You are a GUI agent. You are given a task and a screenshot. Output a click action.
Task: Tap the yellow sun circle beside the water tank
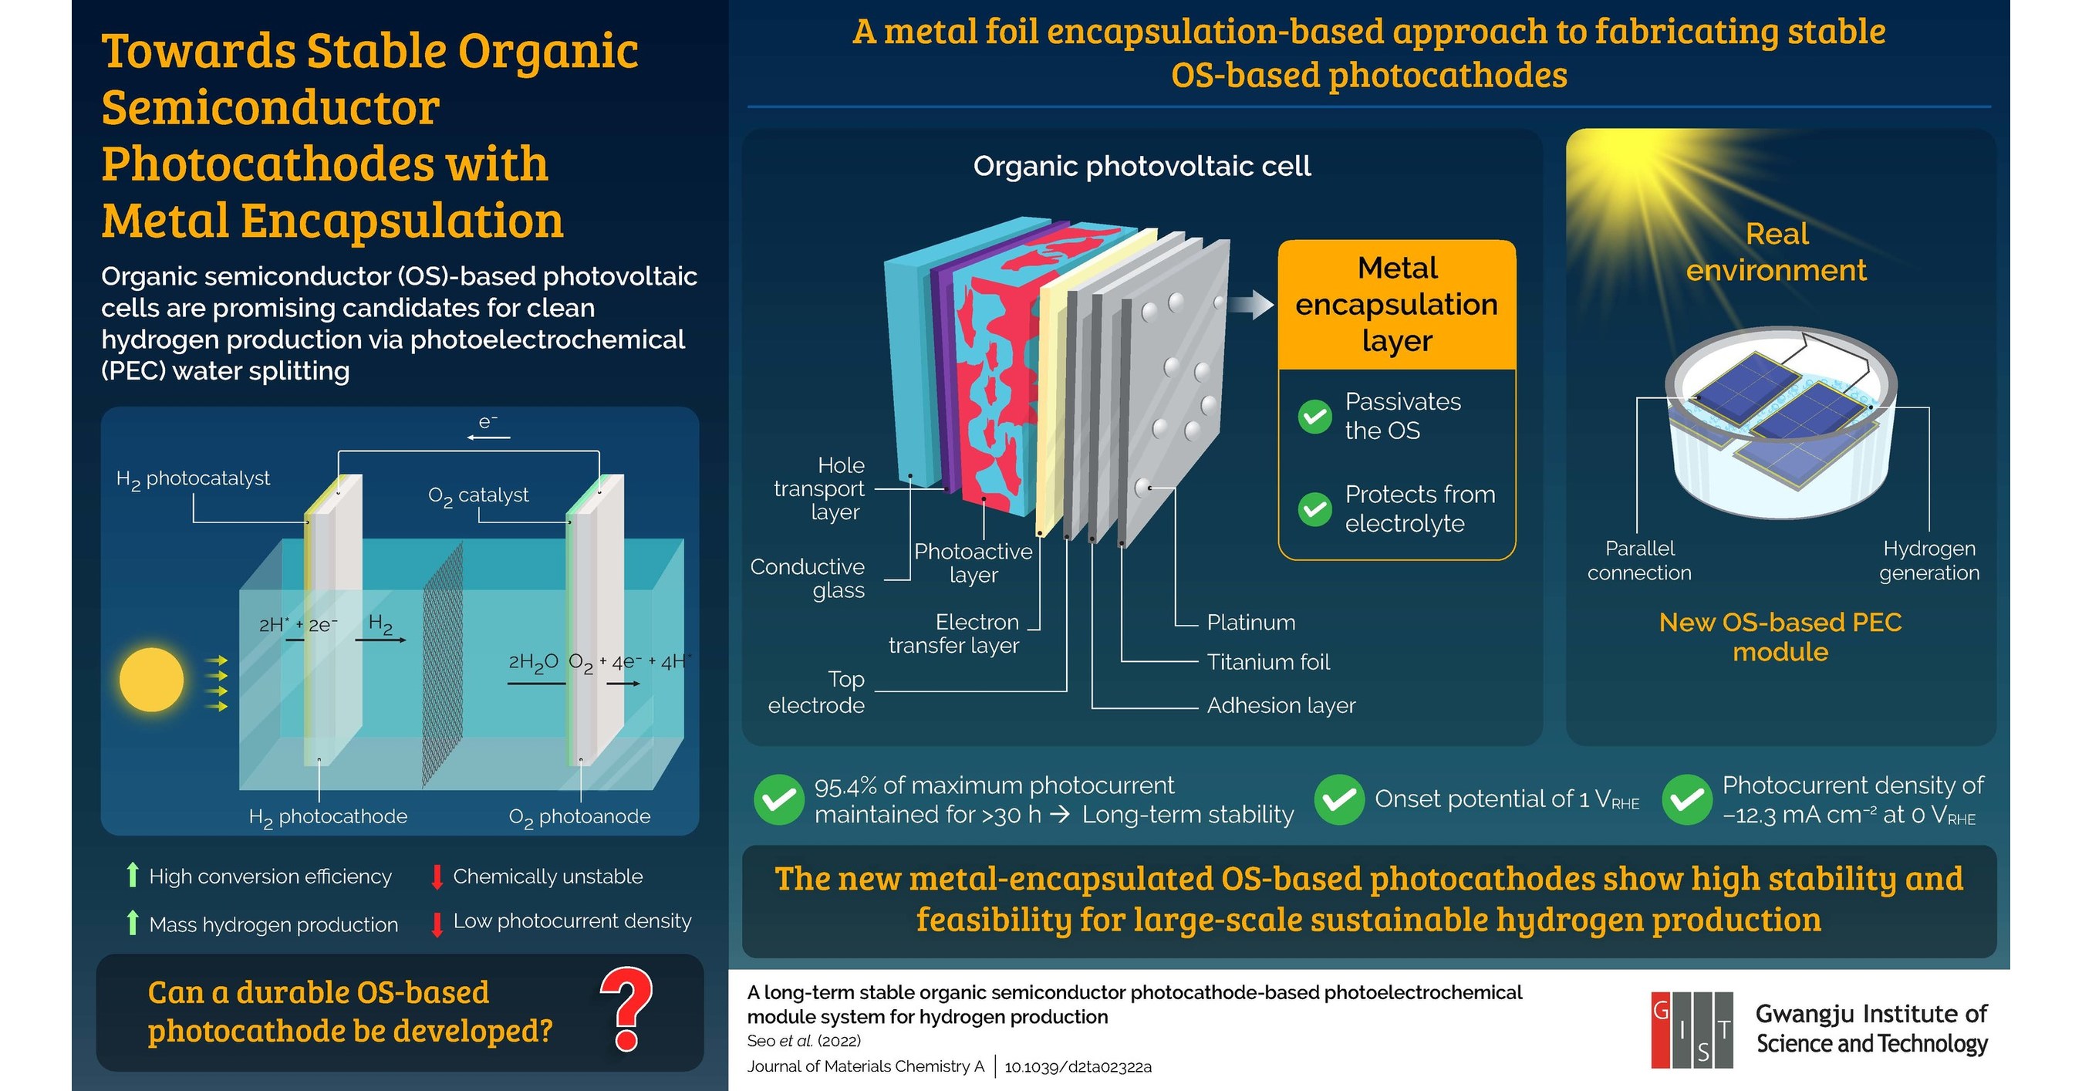[151, 680]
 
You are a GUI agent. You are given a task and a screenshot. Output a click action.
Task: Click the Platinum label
[1250, 623]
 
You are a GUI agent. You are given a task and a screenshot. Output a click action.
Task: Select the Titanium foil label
[1267, 662]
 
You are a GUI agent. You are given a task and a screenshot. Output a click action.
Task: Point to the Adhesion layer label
[1281, 705]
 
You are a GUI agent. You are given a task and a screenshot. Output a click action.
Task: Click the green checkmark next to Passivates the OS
[1314, 416]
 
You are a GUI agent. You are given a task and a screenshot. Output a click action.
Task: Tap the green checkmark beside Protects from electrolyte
[1314, 509]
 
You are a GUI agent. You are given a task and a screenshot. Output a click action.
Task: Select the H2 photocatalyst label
[193, 479]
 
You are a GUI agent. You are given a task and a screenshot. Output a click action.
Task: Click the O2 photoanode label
[579, 817]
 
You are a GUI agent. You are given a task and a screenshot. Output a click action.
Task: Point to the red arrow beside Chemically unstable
[437, 877]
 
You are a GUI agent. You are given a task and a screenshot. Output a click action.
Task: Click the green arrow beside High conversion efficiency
[133, 875]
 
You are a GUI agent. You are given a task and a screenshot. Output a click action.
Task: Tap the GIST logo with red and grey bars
[1692, 1029]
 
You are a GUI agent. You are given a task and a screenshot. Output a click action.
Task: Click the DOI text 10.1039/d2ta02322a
[1078, 1067]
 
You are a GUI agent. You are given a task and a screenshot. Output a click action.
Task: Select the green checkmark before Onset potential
[1338, 799]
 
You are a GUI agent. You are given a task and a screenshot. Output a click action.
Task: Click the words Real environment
[1776, 252]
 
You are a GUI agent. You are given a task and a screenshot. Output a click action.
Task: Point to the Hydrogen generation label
[1928, 560]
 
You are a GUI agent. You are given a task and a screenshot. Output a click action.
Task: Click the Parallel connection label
[1639, 560]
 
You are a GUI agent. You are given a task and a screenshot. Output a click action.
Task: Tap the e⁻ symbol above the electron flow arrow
[488, 422]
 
